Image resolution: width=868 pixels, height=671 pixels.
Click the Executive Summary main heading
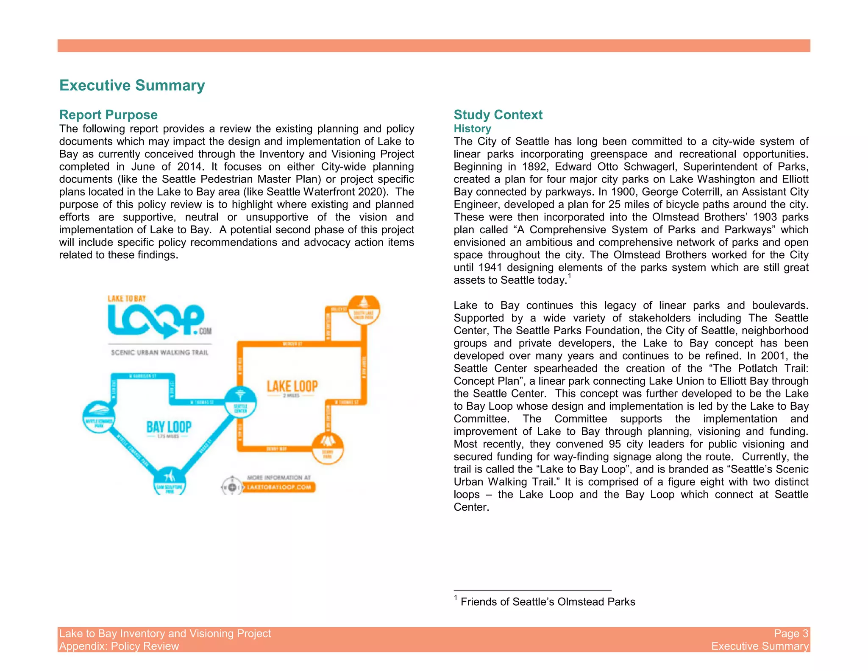(132, 85)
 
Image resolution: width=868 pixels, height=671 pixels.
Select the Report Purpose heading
(108, 115)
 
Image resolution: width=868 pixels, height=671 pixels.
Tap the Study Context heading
(498, 115)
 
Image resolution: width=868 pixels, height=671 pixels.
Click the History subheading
(472, 129)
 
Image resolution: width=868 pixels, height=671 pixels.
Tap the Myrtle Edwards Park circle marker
(99, 417)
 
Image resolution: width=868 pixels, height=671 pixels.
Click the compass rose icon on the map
(232, 487)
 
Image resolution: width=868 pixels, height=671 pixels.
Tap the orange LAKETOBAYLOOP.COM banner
(279, 487)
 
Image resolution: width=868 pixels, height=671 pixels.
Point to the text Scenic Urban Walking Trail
(159, 352)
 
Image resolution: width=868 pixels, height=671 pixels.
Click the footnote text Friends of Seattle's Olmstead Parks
(548, 602)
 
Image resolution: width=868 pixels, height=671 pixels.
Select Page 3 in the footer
(791, 633)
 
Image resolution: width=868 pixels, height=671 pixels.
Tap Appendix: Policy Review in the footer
(119, 646)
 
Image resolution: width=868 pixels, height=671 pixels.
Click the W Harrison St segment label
(142, 376)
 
